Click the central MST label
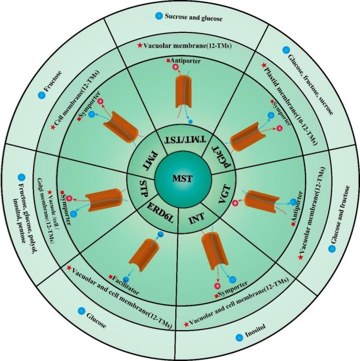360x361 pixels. pyautogui.click(x=180, y=180)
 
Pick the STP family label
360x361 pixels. pyautogui.click(x=141, y=188)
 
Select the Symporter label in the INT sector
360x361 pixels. pyautogui.click(x=233, y=288)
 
